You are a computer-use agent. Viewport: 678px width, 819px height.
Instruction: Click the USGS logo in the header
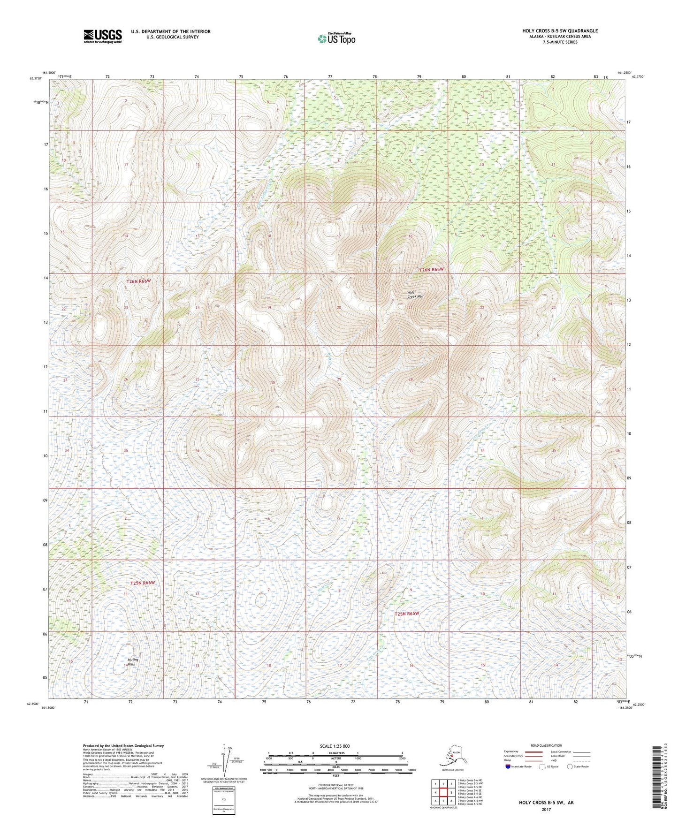[103, 36]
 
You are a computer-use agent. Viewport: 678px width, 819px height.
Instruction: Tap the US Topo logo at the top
[336, 38]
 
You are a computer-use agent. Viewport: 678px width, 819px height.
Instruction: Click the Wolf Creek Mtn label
[415, 295]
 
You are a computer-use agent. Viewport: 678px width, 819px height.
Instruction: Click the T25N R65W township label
[406, 614]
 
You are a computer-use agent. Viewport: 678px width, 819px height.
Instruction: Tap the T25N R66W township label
[142, 583]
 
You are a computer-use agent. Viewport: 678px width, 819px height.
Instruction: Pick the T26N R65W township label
[431, 270]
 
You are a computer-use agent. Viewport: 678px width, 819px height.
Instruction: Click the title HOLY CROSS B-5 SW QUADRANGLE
[560, 31]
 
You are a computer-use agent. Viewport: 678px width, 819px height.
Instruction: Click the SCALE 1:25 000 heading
[335, 746]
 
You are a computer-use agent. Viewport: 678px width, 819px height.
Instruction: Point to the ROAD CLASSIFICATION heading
[546, 745]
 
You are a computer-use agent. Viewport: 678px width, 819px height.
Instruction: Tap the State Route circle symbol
[570, 766]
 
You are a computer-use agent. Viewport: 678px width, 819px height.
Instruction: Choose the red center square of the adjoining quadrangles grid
[443, 793]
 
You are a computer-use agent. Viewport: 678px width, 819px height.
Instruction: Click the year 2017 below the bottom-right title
[546, 809]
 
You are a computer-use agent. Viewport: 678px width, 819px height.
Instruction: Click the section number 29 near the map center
[339, 379]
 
